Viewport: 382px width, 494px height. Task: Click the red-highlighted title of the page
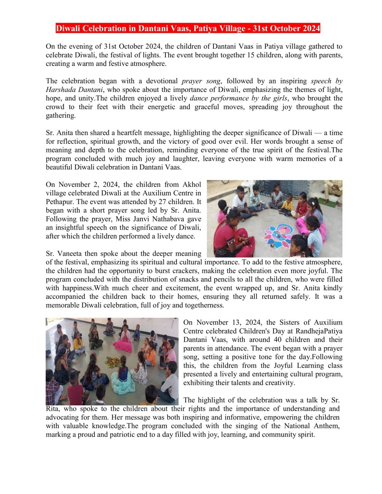188,29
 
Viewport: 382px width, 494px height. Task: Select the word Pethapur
59,202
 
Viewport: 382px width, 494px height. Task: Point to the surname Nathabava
183,219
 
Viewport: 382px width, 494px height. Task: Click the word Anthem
328,426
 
